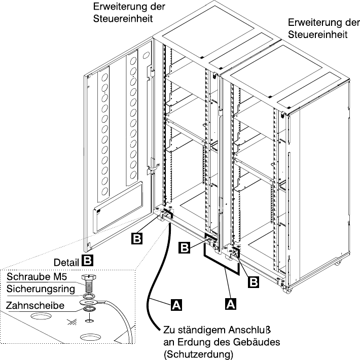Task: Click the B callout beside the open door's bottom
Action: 136,237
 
